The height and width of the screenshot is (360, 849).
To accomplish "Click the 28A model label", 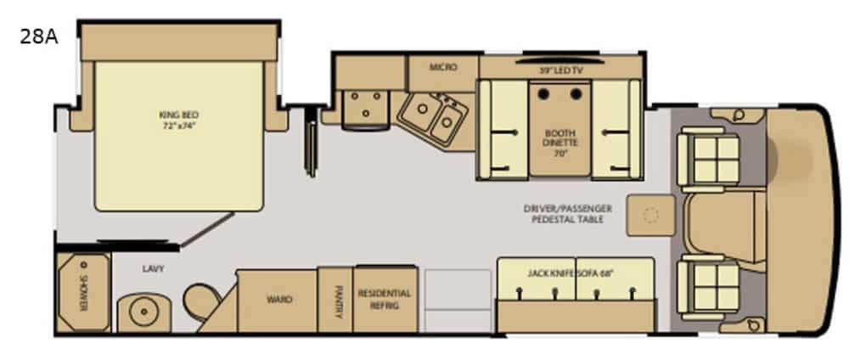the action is click(38, 37).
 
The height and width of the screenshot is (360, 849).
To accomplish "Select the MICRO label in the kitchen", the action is click(443, 68).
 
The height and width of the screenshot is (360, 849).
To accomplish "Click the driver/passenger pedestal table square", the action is click(651, 216).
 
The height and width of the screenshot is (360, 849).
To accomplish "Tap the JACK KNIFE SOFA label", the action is click(569, 273).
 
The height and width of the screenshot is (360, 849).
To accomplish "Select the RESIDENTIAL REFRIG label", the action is click(385, 300).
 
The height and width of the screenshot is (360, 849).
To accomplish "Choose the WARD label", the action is click(279, 300).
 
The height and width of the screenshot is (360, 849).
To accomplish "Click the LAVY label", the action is click(153, 268).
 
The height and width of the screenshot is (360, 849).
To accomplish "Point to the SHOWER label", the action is click(84, 294).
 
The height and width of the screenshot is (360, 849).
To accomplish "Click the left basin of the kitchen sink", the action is click(421, 110).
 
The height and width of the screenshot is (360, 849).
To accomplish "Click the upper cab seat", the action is click(709, 160).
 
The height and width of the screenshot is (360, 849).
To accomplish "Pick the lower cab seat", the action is click(709, 288).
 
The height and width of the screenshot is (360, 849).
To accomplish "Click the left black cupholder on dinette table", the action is click(543, 95).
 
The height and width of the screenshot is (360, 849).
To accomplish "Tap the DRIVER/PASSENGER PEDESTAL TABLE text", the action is click(568, 214).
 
